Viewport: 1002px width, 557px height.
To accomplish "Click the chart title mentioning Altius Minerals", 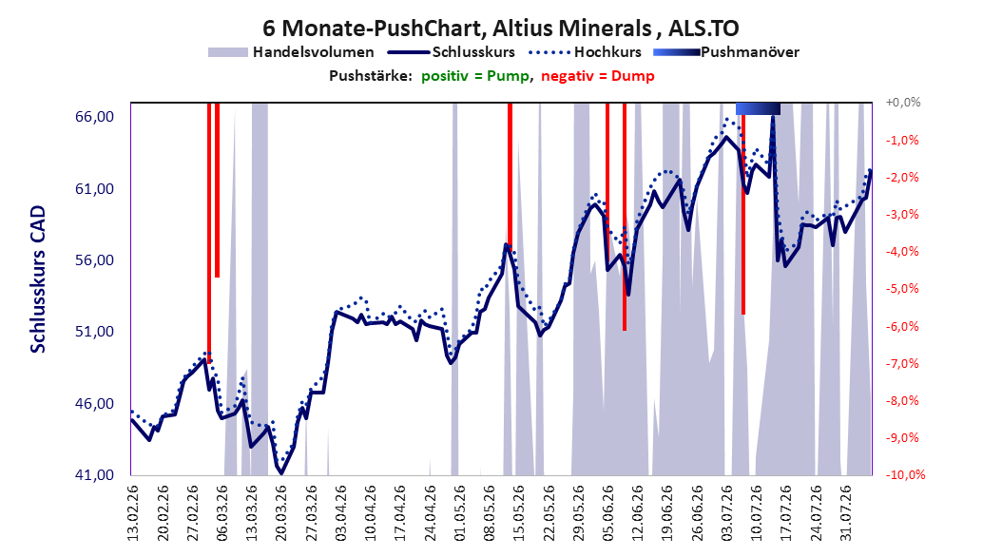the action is (500, 29).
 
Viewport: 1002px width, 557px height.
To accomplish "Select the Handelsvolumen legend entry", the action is (291, 52).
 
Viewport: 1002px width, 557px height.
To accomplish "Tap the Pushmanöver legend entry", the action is (726, 52).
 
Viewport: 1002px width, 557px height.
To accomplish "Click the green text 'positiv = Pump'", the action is (475, 76).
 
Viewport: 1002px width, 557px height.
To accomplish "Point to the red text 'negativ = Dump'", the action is (598, 76).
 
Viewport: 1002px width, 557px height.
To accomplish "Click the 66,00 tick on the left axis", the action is (94, 117).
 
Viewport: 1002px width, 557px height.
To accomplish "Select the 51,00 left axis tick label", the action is (94, 332).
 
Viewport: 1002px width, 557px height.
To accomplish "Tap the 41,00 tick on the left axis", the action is (94, 474).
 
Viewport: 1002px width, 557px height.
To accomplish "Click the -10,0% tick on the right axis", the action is (905, 474).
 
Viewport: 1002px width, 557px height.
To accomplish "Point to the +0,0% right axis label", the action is (903, 103).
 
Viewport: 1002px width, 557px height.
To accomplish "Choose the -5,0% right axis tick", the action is (902, 289).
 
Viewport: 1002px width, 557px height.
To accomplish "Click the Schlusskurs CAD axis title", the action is (38, 279).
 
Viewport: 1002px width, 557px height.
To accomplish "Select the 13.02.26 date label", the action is (133, 513).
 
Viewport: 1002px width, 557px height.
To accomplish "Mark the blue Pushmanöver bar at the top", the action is (758, 108).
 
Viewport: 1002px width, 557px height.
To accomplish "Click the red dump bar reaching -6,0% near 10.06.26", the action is (625, 217).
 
